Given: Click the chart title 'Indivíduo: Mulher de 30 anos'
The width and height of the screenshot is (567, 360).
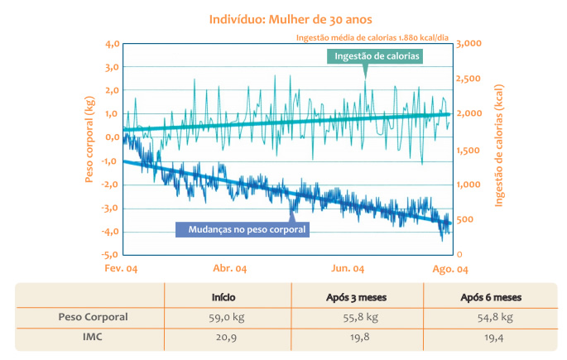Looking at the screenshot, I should [x=283, y=18].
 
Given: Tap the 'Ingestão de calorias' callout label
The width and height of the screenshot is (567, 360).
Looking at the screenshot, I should [x=377, y=56].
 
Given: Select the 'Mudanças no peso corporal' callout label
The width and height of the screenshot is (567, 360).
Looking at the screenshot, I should [x=243, y=228].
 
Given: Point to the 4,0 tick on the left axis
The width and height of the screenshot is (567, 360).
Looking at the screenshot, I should [x=111, y=43].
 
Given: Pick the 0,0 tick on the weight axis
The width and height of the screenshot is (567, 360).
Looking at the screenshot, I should [x=111, y=137].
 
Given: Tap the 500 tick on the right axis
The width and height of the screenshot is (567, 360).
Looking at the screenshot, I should [x=465, y=219].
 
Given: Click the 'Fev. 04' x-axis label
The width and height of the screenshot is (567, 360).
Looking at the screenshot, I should [x=120, y=270].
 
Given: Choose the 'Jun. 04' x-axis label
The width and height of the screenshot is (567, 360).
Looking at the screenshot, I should [x=348, y=270].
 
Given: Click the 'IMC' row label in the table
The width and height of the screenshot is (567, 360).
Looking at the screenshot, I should [x=91, y=338].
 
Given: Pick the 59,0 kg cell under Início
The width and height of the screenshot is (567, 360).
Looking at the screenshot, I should [x=228, y=317].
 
